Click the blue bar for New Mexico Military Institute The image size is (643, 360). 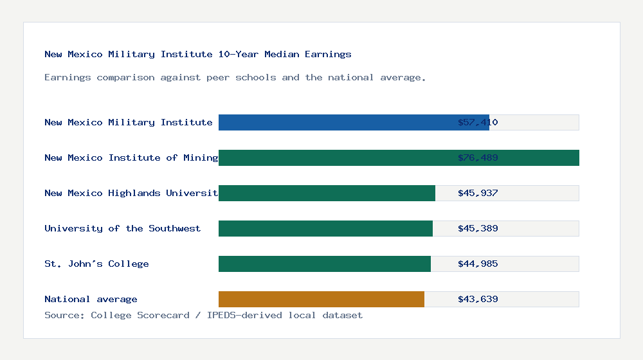(x=354, y=122)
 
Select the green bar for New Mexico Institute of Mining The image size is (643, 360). (x=399, y=157)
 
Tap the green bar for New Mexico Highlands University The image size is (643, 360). (x=327, y=193)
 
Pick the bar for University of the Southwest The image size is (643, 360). (x=325, y=228)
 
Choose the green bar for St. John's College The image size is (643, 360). (x=325, y=264)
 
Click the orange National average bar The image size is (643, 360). (x=321, y=299)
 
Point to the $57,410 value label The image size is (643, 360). (x=478, y=122)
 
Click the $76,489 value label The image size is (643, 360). (x=478, y=157)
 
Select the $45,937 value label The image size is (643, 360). (x=478, y=193)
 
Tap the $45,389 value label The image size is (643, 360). (x=478, y=228)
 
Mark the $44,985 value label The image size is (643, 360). (x=478, y=264)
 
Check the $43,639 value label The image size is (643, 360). (x=478, y=299)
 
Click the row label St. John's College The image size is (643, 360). (x=96, y=264)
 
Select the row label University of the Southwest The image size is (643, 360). (x=122, y=228)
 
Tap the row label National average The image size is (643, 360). (x=91, y=299)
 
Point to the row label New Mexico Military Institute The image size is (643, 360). (x=128, y=122)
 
